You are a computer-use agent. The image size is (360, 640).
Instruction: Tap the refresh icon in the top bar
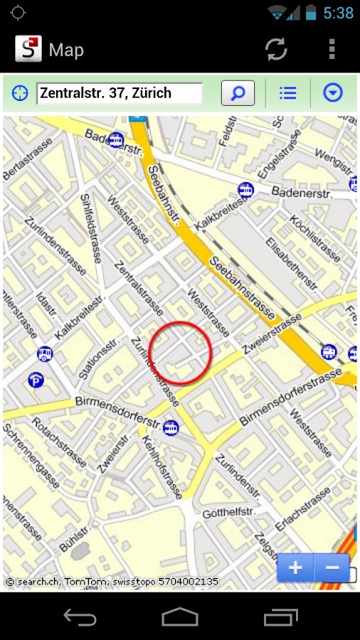(276, 49)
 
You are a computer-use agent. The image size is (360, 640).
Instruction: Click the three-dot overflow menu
(332, 49)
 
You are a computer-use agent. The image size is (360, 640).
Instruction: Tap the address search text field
(120, 93)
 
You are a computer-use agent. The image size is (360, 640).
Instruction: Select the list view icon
(287, 93)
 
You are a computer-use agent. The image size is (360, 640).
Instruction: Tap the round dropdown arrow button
(332, 93)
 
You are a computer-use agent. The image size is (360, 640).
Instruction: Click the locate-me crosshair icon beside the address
(20, 93)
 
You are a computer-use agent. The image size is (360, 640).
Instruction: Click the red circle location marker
(181, 353)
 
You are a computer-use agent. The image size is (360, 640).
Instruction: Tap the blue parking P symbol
(36, 380)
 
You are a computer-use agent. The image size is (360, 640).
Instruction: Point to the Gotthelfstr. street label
(228, 513)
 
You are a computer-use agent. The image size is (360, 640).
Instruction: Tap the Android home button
(180, 617)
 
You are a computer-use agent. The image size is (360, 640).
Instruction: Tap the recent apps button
(280, 617)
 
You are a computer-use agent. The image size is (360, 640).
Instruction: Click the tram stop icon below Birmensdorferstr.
(171, 428)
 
